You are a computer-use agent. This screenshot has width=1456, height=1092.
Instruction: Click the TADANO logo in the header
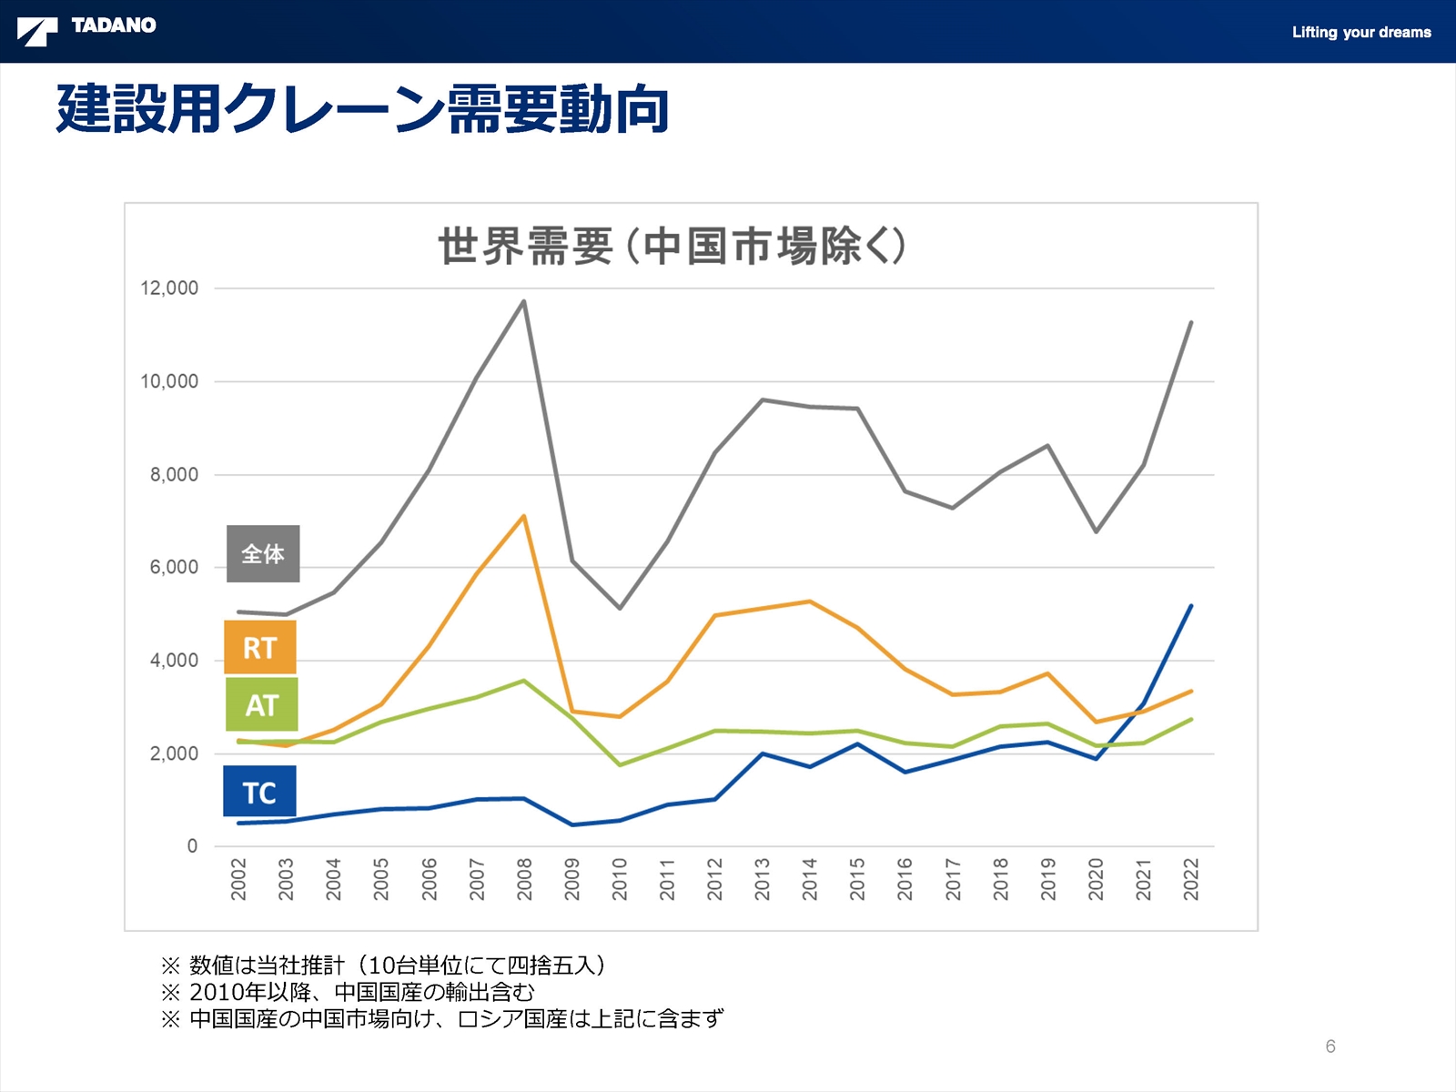(x=87, y=29)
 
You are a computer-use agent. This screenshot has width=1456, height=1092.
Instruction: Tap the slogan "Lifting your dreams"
(x=1360, y=33)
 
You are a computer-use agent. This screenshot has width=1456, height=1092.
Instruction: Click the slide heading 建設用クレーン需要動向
(x=362, y=109)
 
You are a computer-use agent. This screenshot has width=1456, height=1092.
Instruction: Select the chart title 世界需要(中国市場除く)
(x=672, y=247)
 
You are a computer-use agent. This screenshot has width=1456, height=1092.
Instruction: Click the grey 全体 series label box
(x=263, y=553)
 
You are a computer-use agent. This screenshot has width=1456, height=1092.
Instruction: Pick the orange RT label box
(x=260, y=648)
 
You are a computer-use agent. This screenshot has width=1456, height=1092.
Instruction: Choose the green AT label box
(x=261, y=704)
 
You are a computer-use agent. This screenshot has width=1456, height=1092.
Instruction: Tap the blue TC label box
(x=259, y=792)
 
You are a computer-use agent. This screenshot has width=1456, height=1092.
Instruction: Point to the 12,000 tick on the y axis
(x=169, y=288)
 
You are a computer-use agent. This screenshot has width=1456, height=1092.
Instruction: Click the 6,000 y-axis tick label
(x=174, y=568)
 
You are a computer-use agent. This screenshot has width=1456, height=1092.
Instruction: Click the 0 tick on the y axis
(x=192, y=846)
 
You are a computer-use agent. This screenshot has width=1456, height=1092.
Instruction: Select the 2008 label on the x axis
(x=524, y=878)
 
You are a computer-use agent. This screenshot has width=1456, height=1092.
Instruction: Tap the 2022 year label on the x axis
(x=1191, y=878)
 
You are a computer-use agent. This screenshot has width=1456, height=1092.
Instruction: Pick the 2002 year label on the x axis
(x=238, y=878)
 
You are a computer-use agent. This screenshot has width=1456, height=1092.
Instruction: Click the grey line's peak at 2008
(x=523, y=301)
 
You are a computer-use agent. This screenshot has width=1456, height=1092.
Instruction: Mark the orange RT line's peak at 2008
(x=523, y=516)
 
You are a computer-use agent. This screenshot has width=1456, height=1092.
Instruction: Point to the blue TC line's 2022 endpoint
(x=1191, y=606)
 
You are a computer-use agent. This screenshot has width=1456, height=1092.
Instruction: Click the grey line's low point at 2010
(x=620, y=608)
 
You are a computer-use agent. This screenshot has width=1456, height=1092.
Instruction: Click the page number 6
(x=1330, y=1046)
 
